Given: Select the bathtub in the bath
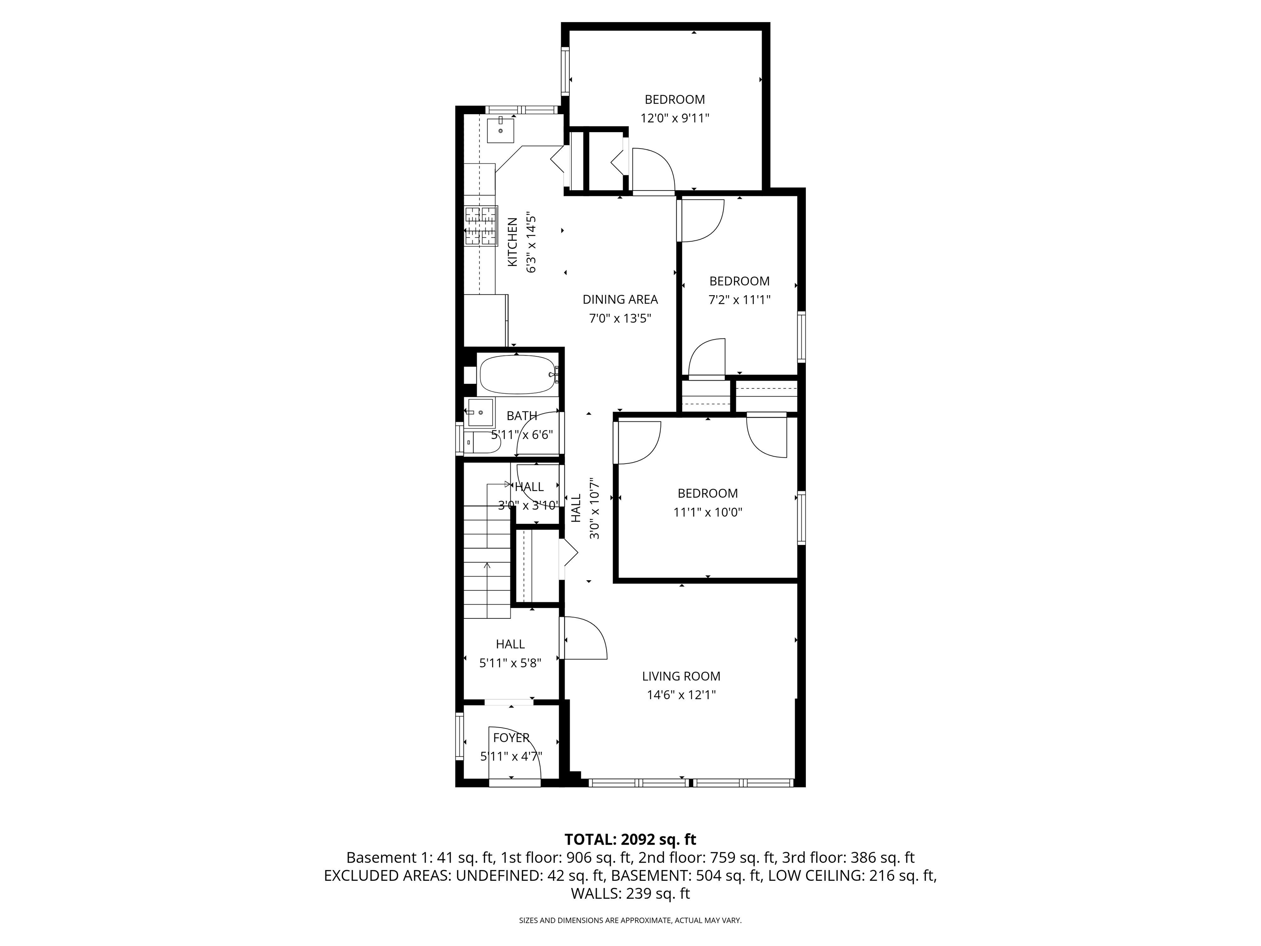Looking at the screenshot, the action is [x=517, y=374].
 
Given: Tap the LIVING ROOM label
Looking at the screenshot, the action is [x=681, y=676].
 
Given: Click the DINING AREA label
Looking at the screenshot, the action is [x=620, y=299].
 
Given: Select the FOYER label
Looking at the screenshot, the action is [x=511, y=738].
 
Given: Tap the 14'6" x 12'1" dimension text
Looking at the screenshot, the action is [x=681, y=695].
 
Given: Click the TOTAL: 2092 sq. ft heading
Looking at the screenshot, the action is [x=630, y=839].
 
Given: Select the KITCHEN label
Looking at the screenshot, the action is [x=513, y=242].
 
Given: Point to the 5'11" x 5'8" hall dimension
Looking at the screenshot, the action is [x=510, y=663].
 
